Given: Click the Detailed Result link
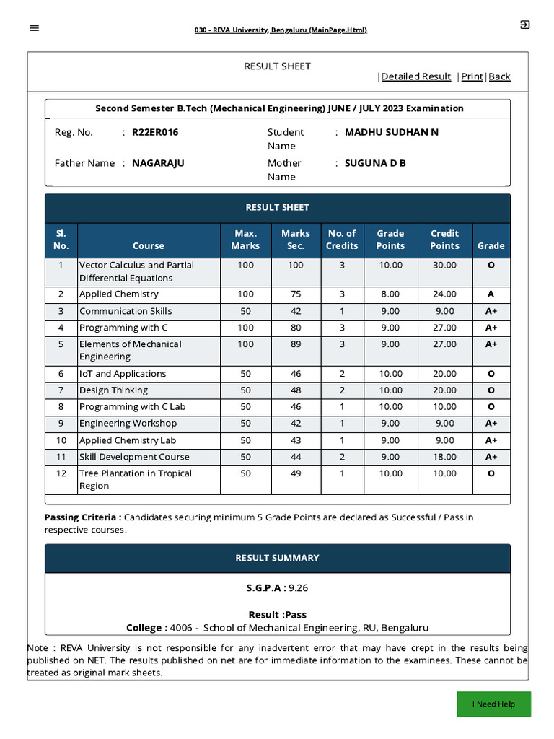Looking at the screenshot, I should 416,76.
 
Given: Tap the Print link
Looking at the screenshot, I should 472,76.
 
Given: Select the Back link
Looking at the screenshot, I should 499,76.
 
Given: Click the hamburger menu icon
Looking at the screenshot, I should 35,28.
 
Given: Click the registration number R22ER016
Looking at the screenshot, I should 155,132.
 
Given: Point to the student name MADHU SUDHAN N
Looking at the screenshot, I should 392,132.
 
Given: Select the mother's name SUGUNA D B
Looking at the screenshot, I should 375,163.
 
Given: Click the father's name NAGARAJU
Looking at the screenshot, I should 158,163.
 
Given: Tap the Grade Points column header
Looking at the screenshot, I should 390,240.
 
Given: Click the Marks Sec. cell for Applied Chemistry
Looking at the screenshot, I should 296,294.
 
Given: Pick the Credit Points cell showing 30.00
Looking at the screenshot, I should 444,266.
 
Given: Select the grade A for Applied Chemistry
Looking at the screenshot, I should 491,294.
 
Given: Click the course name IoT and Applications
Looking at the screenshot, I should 123,374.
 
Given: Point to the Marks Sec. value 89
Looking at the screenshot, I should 296,344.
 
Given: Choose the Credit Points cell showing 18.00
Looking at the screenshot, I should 444,457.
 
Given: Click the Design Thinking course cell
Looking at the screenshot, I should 113,390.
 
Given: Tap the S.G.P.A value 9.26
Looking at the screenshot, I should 298,587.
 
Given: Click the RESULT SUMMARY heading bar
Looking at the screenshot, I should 277,558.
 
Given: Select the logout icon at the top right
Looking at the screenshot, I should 524,25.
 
